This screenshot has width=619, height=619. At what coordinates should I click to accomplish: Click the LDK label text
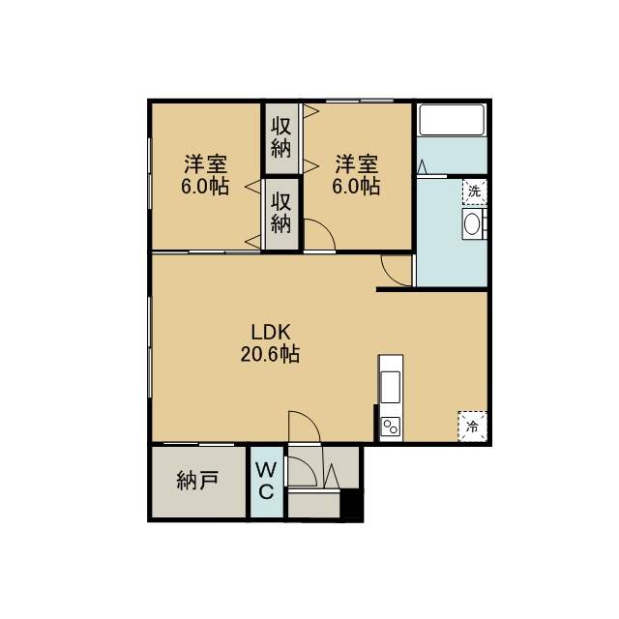click(271, 333)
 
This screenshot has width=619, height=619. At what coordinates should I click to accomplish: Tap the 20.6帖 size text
click(270, 354)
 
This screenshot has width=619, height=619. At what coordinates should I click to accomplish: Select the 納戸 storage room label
click(197, 481)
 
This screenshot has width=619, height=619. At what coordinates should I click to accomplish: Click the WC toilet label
click(266, 481)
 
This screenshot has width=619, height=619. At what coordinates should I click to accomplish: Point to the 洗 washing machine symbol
click(475, 192)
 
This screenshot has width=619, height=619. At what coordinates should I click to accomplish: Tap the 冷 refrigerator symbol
click(473, 427)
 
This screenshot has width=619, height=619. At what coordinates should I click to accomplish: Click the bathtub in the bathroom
click(452, 120)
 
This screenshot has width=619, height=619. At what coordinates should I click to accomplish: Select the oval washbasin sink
click(472, 224)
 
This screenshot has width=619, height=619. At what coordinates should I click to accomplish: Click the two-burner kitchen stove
click(391, 427)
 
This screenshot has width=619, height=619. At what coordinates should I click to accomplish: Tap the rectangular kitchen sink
click(391, 387)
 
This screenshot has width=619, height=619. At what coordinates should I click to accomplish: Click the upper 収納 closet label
click(281, 137)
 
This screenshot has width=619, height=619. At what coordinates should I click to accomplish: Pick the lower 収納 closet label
click(281, 213)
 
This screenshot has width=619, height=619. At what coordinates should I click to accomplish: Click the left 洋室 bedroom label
click(206, 164)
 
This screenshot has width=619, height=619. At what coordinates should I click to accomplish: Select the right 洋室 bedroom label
click(357, 164)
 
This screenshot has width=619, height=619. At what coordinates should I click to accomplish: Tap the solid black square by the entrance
click(351, 503)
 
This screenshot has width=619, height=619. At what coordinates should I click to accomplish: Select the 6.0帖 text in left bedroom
click(205, 186)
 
